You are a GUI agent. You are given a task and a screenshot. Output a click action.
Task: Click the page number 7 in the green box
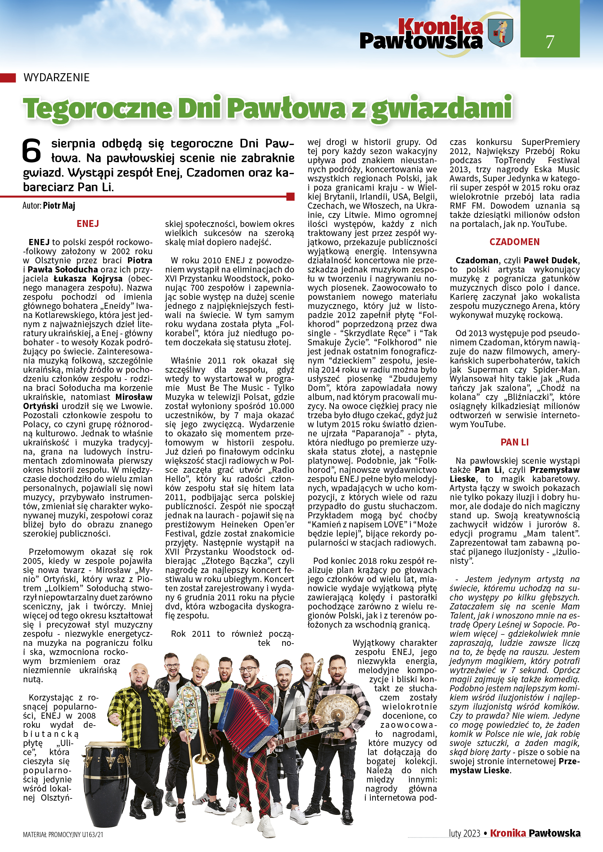(x=549, y=42)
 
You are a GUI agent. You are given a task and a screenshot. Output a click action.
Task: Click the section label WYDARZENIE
(x=57, y=78)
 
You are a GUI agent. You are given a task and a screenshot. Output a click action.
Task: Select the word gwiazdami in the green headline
(x=442, y=109)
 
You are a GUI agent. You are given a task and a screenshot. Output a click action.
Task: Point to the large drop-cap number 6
(x=32, y=151)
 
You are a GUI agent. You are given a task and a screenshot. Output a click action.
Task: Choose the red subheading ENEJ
(x=87, y=224)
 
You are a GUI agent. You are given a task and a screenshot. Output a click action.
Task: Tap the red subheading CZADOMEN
(x=514, y=242)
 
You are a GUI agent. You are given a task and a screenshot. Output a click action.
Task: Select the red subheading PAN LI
(x=514, y=442)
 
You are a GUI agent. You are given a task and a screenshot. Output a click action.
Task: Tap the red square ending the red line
(x=291, y=196)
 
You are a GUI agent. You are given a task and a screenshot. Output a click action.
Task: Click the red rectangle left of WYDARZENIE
(x=8, y=78)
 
